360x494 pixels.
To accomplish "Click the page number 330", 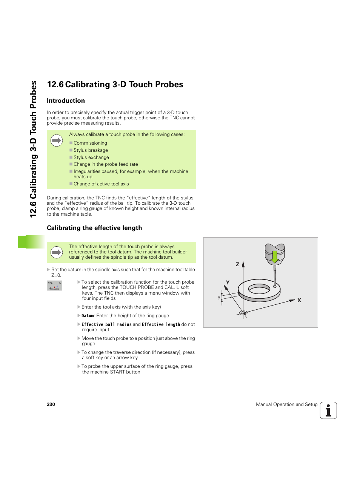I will tap(51, 404).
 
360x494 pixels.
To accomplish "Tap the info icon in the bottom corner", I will tap(328, 411).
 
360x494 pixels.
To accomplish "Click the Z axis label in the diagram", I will tap(237, 264).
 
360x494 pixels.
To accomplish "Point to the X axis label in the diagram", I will tap(299, 300).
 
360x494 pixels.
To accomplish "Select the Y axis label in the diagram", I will tap(228, 283).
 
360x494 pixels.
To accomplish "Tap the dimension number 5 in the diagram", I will tap(219, 298).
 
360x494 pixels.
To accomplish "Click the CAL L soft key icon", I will tap(54, 286).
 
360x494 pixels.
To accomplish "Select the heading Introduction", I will tap(66, 101).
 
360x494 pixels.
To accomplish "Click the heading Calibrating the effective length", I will tap(94, 228).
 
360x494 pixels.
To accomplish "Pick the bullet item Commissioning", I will tap(90, 143).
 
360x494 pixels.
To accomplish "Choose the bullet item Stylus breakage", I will tap(91, 150).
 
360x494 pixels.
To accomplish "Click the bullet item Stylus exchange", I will tap(91, 157).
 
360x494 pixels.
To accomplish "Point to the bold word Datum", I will tap(88, 316).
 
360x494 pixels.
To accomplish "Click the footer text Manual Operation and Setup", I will tap(286, 404).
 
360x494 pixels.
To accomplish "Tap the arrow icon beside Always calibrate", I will tap(57, 140).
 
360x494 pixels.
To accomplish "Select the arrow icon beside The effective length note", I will tap(57, 252).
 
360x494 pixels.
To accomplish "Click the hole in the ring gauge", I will tap(259, 290).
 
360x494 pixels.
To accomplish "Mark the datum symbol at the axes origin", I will tap(243, 313).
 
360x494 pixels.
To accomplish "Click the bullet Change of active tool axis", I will tap(101, 184).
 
